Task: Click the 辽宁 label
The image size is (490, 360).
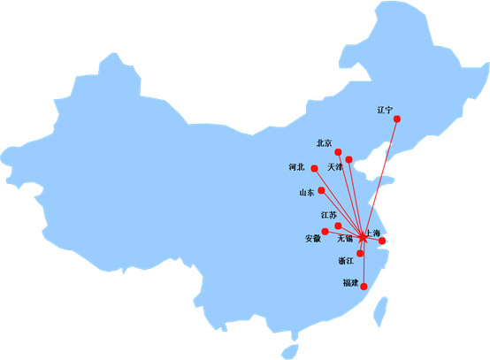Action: (385, 110)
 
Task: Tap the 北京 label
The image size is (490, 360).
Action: (324, 143)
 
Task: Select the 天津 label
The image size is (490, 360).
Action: (335, 167)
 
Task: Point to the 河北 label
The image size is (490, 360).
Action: (296, 167)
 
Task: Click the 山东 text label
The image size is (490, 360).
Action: (307, 192)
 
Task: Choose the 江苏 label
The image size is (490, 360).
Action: (329, 215)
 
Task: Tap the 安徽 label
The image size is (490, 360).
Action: (313, 239)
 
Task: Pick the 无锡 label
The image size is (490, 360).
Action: (345, 239)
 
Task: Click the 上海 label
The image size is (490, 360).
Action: (373, 233)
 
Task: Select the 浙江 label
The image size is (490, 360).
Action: (346, 261)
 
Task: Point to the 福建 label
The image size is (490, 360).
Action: (350, 283)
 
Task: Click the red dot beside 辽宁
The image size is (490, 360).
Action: (397, 119)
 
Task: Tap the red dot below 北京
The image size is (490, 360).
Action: (338, 152)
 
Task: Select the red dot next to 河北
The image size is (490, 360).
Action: (314, 168)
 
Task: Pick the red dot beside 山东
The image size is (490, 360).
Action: (321, 190)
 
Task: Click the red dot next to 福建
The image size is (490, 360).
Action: (364, 287)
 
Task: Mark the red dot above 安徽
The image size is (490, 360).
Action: (325, 231)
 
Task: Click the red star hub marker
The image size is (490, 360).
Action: (362, 238)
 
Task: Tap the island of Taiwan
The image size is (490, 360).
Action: (380, 311)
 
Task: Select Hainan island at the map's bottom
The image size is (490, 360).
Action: (290, 351)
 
